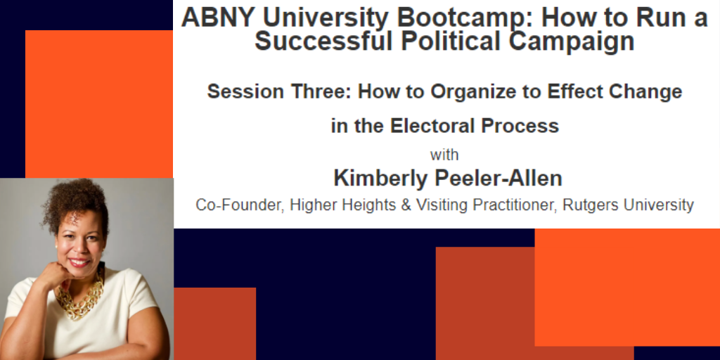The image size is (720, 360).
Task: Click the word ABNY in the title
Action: pos(219,18)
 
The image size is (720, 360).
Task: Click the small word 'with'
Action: pos(444,155)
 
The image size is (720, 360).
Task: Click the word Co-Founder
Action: pos(236,205)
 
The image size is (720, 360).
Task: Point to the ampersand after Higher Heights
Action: pos(406,205)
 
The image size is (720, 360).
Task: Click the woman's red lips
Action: pos(79,263)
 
